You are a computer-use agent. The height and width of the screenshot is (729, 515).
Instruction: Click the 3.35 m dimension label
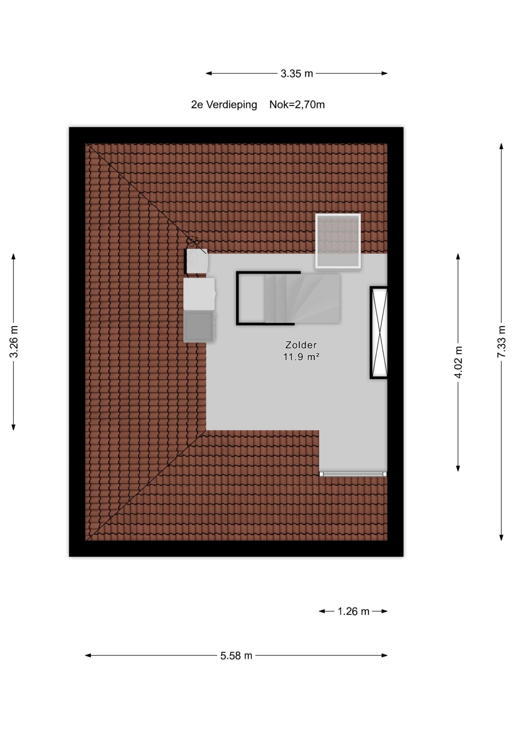(x=297, y=74)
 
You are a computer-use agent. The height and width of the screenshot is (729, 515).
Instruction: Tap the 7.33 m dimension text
(x=501, y=342)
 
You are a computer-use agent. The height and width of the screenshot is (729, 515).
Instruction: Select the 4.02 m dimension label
(x=458, y=362)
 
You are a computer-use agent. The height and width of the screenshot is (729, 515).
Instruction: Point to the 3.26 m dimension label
(x=14, y=342)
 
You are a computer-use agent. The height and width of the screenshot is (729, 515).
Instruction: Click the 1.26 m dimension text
(x=353, y=611)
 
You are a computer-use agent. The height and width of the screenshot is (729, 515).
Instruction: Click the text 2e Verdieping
(x=224, y=105)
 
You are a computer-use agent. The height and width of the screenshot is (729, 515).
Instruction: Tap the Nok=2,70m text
(x=297, y=104)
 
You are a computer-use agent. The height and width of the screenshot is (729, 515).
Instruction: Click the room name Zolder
(x=301, y=345)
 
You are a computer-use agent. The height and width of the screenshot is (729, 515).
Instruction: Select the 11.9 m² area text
(x=301, y=357)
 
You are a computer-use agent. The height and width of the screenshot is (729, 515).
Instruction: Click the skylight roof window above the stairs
(x=338, y=241)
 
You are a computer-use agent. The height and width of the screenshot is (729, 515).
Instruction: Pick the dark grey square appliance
(x=199, y=326)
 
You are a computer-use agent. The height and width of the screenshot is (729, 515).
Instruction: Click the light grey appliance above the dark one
(x=199, y=294)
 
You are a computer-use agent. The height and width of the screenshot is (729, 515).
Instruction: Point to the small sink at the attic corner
(x=197, y=261)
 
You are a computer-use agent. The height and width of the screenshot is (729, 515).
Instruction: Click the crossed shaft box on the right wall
(x=378, y=333)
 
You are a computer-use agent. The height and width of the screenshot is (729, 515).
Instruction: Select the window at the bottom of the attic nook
(x=353, y=474)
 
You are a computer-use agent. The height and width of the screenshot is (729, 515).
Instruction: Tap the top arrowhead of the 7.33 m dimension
(x=501, y=146)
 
